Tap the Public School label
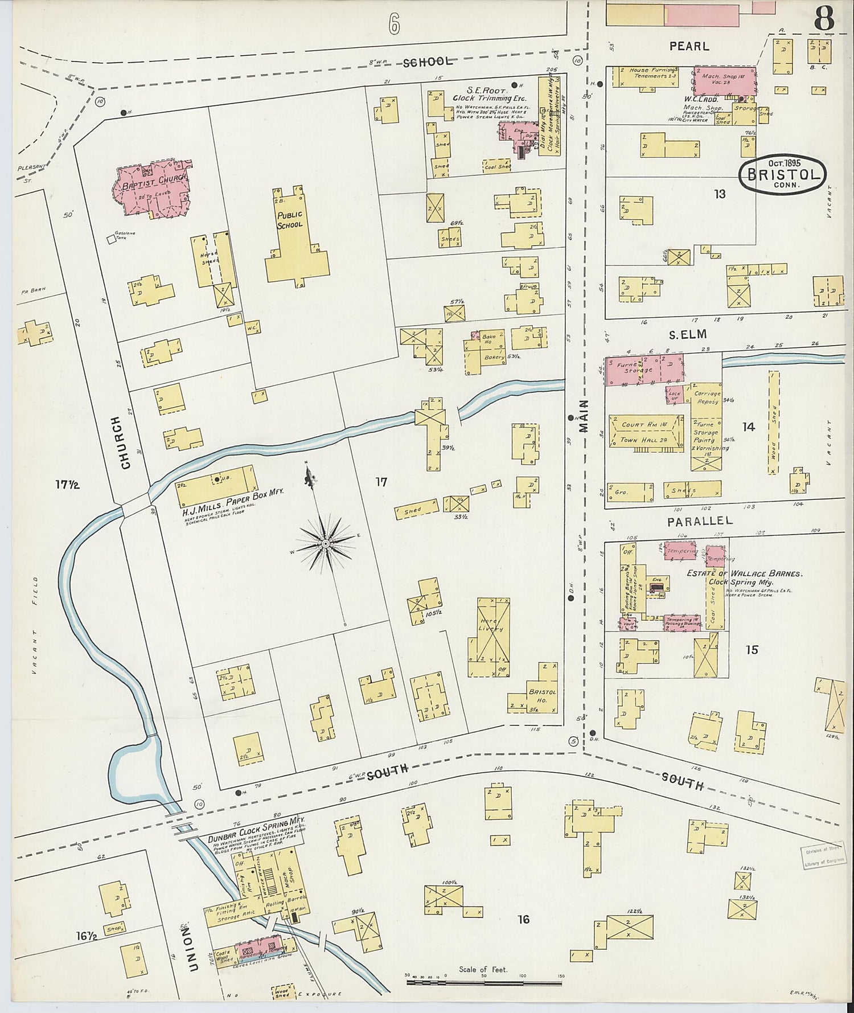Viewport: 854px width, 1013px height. click(x=289, y=220)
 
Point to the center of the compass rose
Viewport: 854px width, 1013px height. click(x=325, y=544)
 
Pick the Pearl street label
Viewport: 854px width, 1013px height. click(x=689, y=46)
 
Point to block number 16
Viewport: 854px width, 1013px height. click(x=524, y=919)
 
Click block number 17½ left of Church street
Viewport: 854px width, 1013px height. click(x=67, y=485)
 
